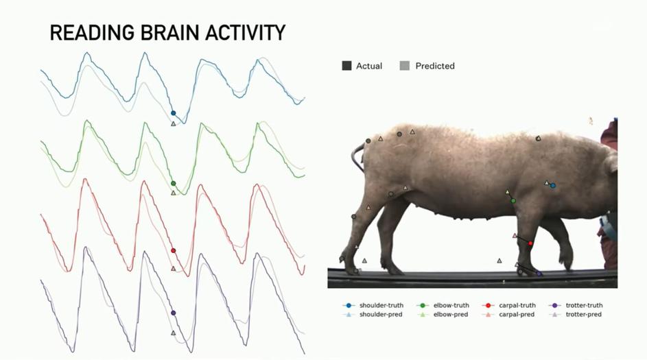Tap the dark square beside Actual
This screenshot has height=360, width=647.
(x=346, y=66)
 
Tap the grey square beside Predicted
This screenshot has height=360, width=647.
(x=405, y=66)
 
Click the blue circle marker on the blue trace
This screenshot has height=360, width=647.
(x=173, y=113)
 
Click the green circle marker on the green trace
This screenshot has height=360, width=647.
(x=173, y=183)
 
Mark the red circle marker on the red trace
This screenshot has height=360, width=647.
(x=173, y=251)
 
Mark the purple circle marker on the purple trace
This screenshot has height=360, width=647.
(x=173, y=313)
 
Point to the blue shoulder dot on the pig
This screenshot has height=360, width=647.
(x=553, y=185)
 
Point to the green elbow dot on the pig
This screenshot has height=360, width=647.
(x=513, y=201)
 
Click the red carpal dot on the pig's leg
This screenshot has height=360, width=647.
(x=530, y=243)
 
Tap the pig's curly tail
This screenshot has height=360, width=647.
(x=357, y=158)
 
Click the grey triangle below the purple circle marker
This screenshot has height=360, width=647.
(x=173, y=333)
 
